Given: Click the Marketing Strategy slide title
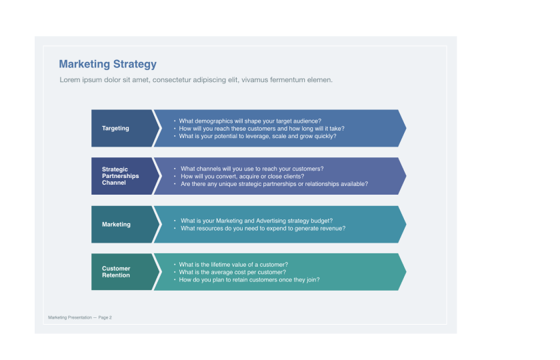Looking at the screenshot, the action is [x=107, y=64].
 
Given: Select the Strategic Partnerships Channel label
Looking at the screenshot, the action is [x=121, y=176].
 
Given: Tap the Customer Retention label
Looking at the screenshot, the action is [x=116, y=272].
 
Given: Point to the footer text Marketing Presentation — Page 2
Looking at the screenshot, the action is [x=80, y=317].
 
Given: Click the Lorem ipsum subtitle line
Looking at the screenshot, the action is [x=196, y=80].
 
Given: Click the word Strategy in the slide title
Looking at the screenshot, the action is [x=135, y=64].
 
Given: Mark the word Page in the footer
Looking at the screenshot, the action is [x=103, y=317].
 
